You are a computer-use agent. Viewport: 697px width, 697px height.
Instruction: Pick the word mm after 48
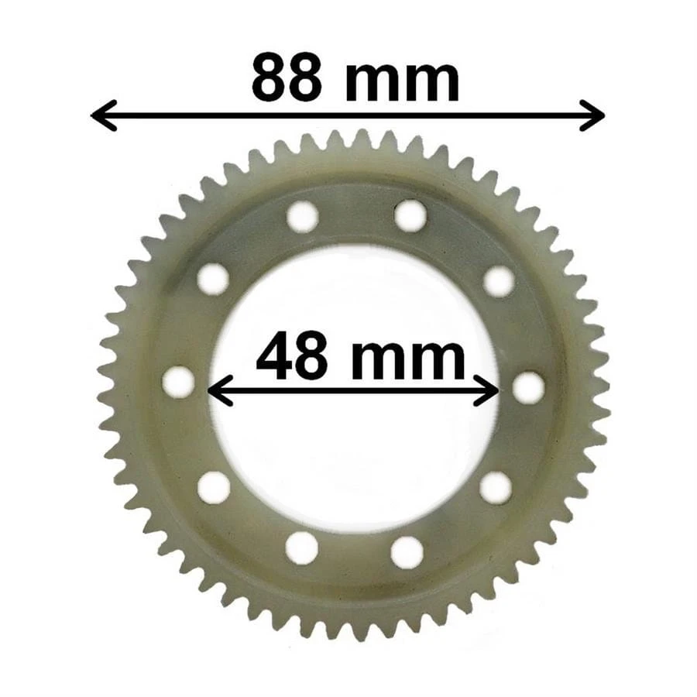(x=408, y=360)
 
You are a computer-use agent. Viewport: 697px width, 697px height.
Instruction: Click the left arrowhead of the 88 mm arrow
(x=104, y=115)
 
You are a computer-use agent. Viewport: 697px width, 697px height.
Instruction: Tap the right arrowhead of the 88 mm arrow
(x=592, y=115)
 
